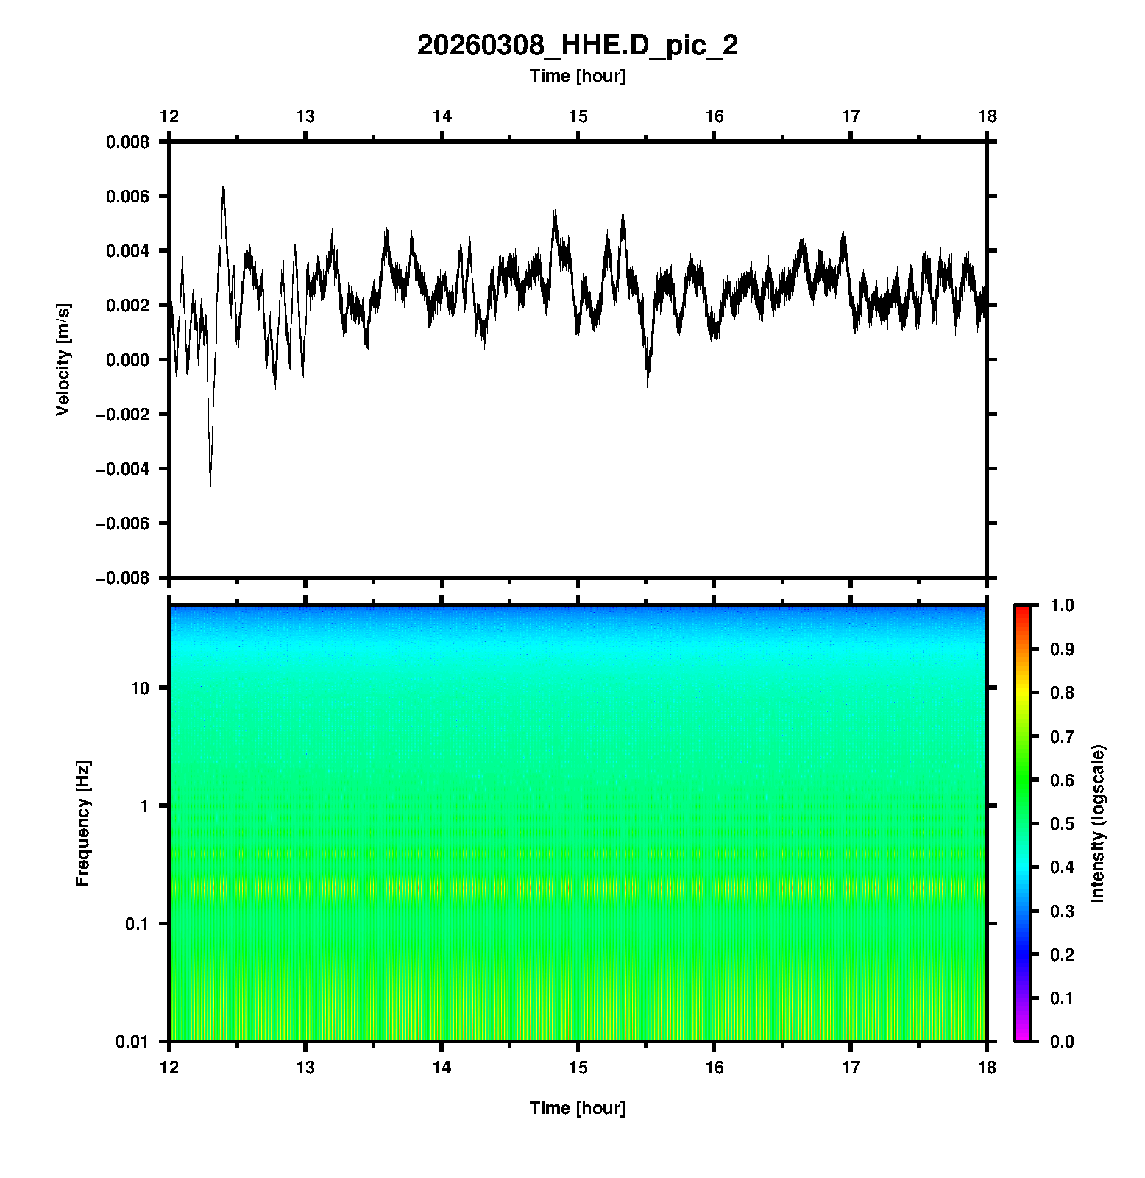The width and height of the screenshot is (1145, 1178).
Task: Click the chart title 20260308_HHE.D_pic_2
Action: tap(577, 46)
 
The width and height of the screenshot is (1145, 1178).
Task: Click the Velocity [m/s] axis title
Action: tap(63, 359)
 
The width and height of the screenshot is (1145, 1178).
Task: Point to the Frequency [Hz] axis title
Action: tap(82, 823)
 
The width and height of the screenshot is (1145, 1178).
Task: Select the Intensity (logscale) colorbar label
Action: tap(1098, 823)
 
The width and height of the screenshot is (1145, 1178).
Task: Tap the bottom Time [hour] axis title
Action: tap(577, 1108)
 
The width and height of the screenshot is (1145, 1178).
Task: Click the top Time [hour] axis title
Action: tap(577, 76)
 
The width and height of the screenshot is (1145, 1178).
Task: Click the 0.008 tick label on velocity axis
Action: tap(127, 142)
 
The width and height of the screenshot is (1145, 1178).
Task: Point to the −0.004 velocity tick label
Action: tap(122, 469)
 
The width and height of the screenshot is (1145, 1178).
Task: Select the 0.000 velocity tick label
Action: tap(127, 360)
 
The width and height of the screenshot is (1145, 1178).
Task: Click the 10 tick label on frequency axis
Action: tap(140, 688)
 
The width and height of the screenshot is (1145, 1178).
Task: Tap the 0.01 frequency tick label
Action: tap(132, 1041)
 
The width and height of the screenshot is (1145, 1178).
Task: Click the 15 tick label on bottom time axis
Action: tap(578, 1068)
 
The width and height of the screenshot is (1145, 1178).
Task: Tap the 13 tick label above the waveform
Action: tap(305, 116)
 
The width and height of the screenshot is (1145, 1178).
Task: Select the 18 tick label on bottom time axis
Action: tap(987, 1068)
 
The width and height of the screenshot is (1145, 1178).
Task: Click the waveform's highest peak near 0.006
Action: tap(223, 186)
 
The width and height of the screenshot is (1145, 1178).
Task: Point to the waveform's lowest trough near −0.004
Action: tap(210, 484)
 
